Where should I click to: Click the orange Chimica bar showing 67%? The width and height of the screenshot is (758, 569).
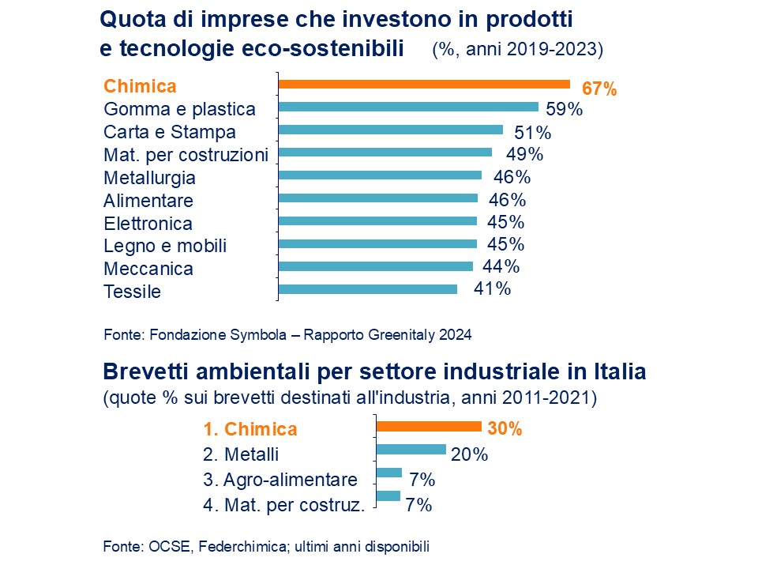(x=424, y=85)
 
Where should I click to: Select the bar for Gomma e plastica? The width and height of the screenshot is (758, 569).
(x=408, y=107)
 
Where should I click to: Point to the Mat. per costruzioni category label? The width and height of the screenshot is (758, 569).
(x=186, y=154)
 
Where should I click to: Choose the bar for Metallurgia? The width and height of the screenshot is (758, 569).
(x=380, y=175)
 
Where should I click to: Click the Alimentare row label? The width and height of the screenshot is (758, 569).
(x=148, y=200)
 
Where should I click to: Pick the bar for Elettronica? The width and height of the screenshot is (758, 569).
(x=377, y=221)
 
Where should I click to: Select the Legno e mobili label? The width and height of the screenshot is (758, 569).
(x=165, y=246)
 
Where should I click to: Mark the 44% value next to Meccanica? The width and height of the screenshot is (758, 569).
(x=501, y=267)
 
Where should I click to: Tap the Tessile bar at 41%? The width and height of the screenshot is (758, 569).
(x=368, y=289)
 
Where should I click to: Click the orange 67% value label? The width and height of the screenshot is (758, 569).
(x=599, y=89)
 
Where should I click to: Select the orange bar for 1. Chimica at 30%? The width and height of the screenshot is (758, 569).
(x=429, y=427)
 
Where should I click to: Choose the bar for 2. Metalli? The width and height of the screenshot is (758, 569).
(x=411, y=450)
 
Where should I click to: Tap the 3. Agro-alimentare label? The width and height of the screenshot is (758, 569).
(x=280, y=480)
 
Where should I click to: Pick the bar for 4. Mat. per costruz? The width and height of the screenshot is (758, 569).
(x=388, y=496)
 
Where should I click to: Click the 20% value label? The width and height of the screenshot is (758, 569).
(x=469, y=454)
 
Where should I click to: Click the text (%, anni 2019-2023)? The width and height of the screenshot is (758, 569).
(x=517, y=49)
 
